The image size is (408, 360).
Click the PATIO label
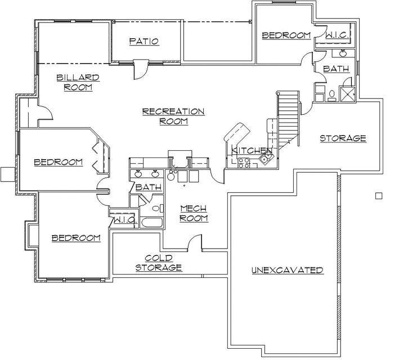click(144, 41)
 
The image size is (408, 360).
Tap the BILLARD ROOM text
click(78, 82)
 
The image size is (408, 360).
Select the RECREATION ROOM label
click(173, 116)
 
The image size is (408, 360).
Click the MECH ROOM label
click(194, 213)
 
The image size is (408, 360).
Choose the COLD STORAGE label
click(159, 263)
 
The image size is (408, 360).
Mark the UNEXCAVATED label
click(287, 270)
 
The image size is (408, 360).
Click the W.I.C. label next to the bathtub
click(124, 220)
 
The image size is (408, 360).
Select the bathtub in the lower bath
click(151, 223)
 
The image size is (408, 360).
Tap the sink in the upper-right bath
click(343, 54)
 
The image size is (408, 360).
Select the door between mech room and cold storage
click(194, 243)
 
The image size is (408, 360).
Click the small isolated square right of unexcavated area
click(378, 196)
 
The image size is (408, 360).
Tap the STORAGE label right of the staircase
click(343, 138)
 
